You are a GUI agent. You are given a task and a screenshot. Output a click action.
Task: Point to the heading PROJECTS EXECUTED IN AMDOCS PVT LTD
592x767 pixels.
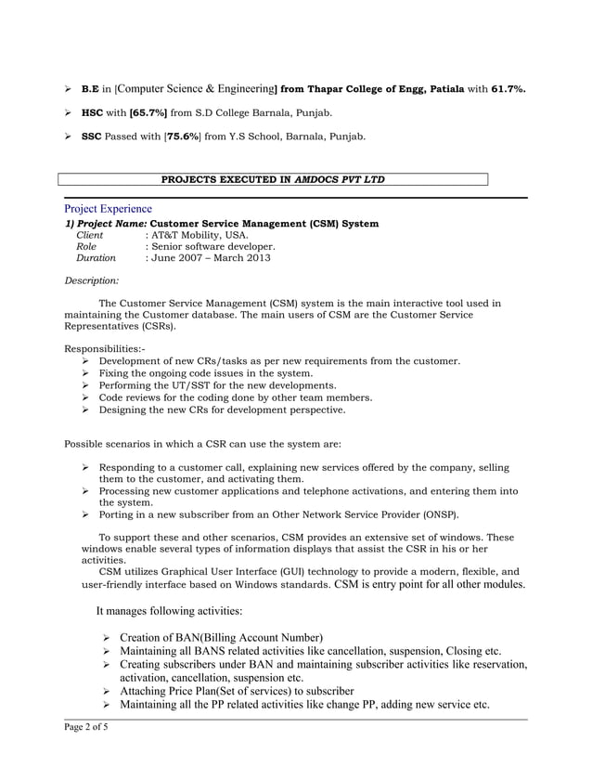pos(274,179)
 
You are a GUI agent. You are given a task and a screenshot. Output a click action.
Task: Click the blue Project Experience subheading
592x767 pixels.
pos(108,209)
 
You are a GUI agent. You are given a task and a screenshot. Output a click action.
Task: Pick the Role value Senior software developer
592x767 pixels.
pos(214,247)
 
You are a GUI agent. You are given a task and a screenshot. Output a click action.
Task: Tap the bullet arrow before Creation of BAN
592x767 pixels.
pos(108,637)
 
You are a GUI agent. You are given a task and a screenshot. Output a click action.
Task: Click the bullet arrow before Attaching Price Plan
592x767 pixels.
pos(108,691)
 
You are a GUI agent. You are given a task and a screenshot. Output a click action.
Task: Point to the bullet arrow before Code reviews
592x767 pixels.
pos(85,397)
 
